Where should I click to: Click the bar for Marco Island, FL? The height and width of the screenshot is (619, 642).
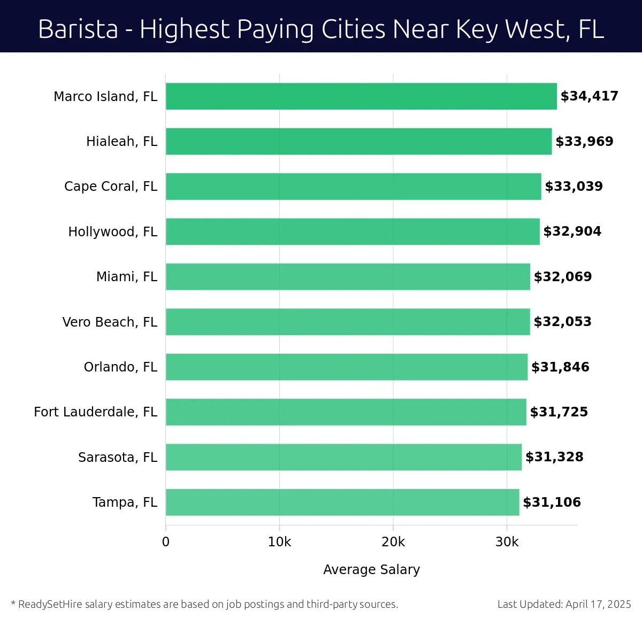361,96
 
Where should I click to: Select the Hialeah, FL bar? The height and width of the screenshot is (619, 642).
358,141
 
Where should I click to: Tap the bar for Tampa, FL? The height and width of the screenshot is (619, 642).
342,502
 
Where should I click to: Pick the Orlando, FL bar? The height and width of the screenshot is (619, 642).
347,367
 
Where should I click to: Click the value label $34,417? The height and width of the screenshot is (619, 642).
589,96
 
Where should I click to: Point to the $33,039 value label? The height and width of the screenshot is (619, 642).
574,187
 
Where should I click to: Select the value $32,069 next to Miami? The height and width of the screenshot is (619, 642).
563,277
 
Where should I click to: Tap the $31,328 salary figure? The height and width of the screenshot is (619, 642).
554,457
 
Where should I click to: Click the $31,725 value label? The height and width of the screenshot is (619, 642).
559,412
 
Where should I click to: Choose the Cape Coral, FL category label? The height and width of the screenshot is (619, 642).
111,187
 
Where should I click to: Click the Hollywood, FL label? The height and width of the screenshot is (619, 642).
113,231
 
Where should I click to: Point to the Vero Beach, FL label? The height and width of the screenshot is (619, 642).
110,322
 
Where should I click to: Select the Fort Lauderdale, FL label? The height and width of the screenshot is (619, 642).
96,412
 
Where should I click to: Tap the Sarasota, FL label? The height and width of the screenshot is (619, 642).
118,457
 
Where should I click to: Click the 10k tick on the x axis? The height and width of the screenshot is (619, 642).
279,542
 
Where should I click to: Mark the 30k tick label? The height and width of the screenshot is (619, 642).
507,542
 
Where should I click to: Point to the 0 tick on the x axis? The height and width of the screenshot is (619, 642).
166,542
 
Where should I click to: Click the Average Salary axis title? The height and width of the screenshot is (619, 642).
371,570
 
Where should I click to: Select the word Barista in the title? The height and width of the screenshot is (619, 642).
78,29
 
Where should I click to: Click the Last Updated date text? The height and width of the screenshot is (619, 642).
564,604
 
